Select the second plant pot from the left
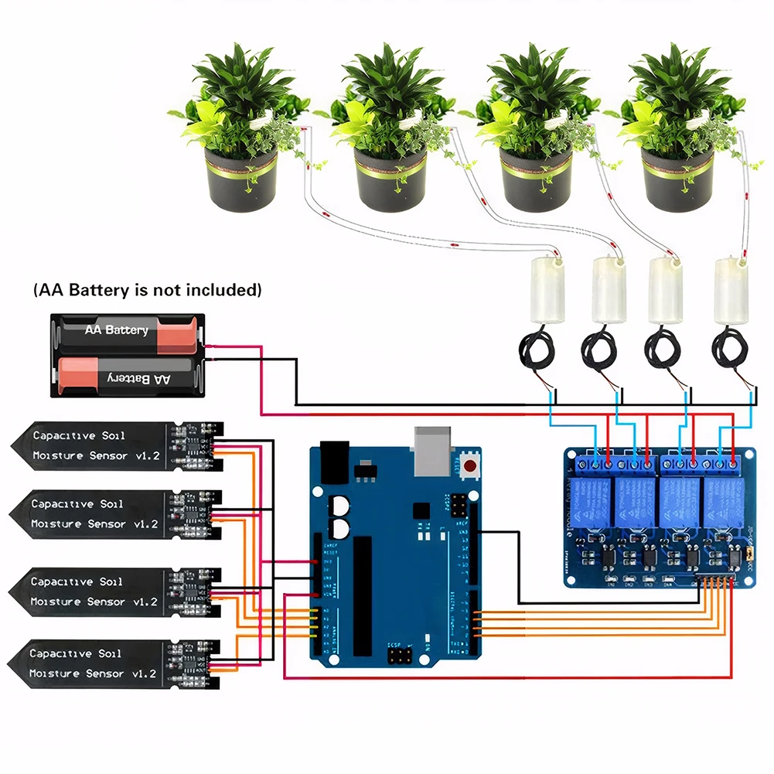click(x=390, y=179)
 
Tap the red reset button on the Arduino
click(x=470, y=465)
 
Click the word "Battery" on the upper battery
click(x=127, y=330)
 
